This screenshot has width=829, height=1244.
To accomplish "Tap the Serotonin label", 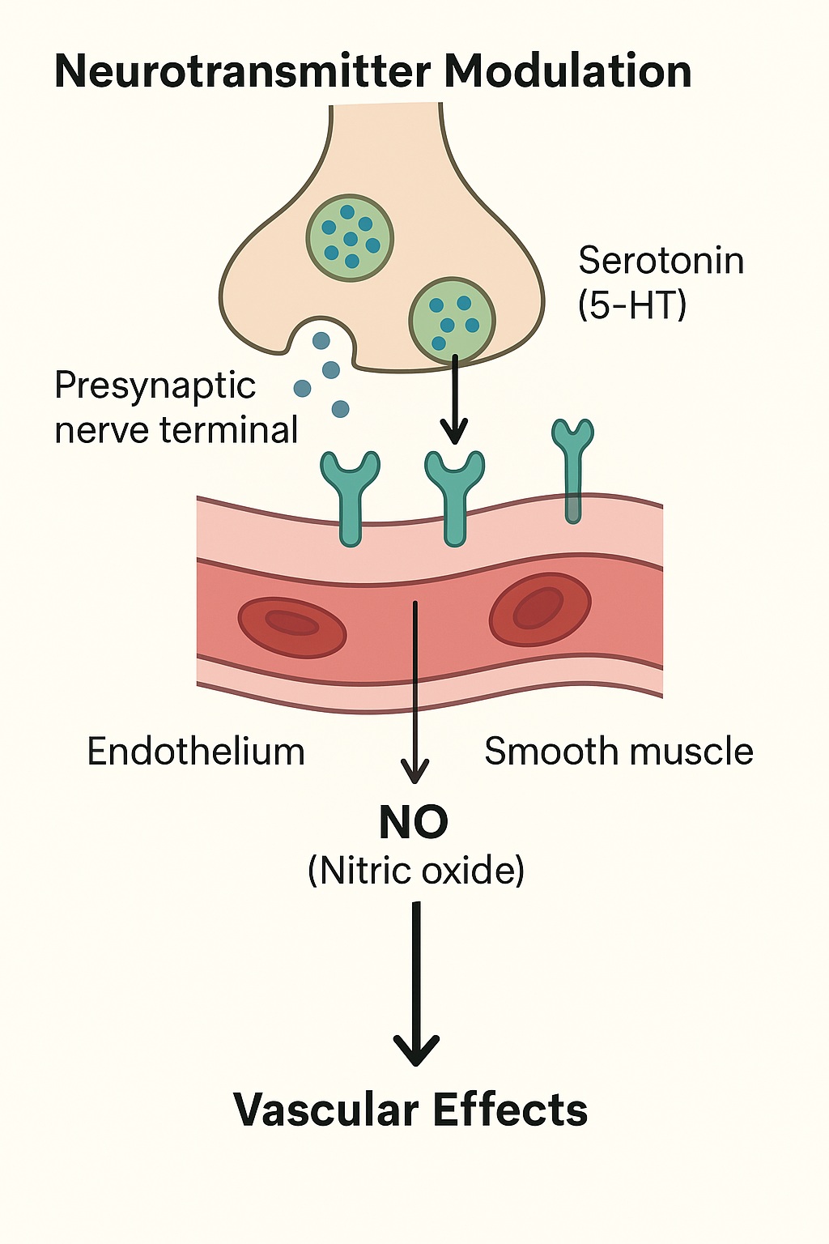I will click(661, 261).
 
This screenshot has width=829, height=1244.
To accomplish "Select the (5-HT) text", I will click(632, 305).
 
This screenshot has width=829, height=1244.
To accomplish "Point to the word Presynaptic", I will click(155, 386).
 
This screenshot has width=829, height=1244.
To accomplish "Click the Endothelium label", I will click(195, 752).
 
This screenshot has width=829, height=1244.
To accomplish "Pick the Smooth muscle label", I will click(619, 752).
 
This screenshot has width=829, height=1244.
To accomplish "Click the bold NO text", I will click(414, 823).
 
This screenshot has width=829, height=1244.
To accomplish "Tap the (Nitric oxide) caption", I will click(416, 871).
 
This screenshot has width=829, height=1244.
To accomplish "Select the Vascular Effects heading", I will click(410, 1110).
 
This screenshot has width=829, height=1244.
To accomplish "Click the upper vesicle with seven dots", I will click(350, 237).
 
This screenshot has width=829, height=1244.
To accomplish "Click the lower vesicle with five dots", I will click(452, 320).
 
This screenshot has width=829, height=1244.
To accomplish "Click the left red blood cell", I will click(291, 627).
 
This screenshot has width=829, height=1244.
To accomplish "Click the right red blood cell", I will click(540, 609).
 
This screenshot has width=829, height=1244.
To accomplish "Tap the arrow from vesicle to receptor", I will click(455, 401).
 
